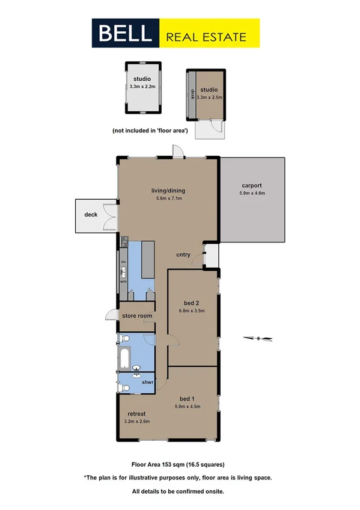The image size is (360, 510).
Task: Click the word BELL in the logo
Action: coord(127,33)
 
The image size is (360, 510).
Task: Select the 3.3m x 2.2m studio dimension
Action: coord(142,87)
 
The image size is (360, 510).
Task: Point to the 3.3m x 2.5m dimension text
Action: coord(209,97)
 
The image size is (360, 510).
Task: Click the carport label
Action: coord(252,185)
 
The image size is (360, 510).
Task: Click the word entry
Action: coord(183,254)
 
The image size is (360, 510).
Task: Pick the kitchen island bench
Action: coord(148,260)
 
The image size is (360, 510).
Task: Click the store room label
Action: coord(137,315)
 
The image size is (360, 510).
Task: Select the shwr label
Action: coord(148,382)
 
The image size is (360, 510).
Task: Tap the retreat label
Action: coord(138,414)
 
